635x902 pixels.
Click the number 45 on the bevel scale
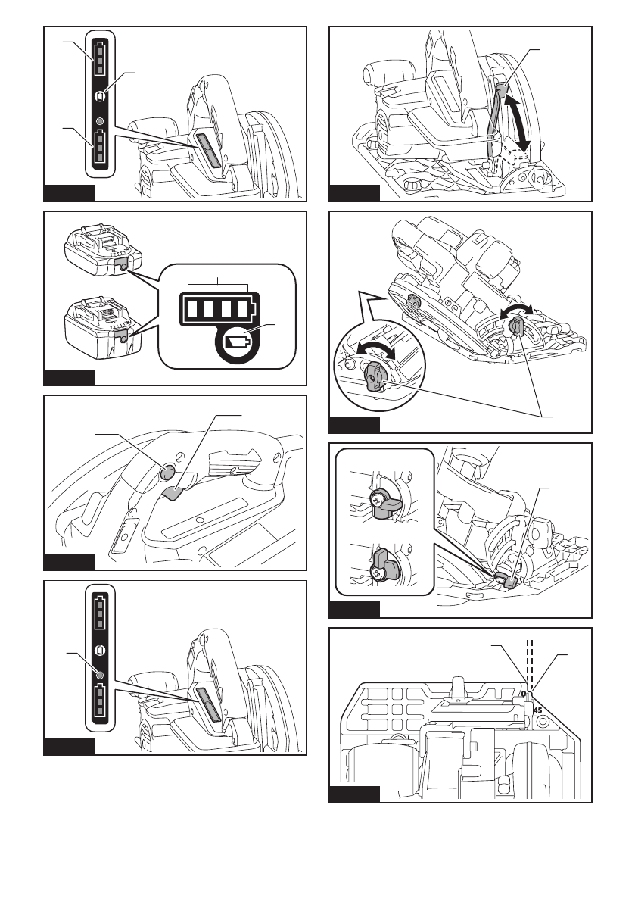pyautogui.click(x=538, y=710)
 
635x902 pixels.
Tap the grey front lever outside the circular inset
pyautogui.click(x=518, y=327)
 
